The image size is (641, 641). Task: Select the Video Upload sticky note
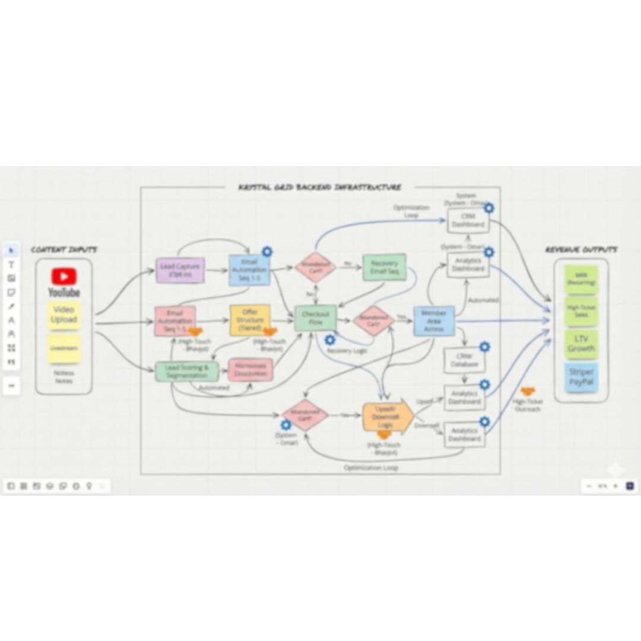64,315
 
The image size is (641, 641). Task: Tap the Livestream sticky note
64,348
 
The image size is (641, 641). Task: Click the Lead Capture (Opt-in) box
180,270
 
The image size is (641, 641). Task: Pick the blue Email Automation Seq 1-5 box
249,270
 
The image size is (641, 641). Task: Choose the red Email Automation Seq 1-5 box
175,321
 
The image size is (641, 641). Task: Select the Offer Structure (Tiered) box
250,320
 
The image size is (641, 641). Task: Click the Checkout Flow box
315,318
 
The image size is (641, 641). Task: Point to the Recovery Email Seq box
384,267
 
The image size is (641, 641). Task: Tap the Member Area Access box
434,321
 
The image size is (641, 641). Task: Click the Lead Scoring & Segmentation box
187,372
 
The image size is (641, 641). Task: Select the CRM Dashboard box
468,221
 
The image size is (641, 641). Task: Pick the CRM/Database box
464,360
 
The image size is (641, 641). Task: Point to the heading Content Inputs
64,250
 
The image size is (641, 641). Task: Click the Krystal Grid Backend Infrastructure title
320,188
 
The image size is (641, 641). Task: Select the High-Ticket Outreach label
528,405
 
